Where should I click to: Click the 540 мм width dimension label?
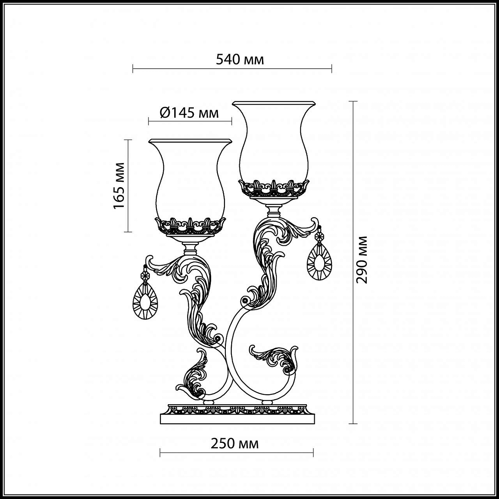pos(240,60)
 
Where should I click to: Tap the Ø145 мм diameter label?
pos(189,113)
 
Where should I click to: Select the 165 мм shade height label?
pos(119,185)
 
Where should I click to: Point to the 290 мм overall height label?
pos(361,260)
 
